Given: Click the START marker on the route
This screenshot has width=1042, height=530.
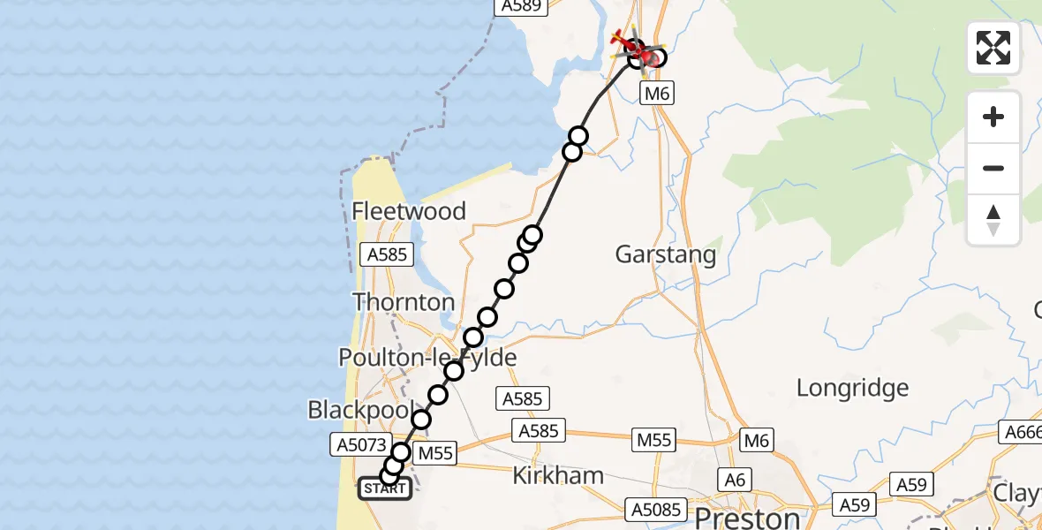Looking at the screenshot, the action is pos(385,488).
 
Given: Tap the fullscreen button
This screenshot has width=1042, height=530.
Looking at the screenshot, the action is pos(993,48).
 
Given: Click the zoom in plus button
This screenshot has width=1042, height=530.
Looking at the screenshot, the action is pos(993,117).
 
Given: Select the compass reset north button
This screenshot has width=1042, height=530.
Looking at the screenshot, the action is pos(993,219).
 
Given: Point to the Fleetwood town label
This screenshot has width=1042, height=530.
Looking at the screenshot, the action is pos(409,211).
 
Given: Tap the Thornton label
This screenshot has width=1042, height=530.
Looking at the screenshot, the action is pos(404,302).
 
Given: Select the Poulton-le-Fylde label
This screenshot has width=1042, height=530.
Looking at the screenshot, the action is pos(428,357).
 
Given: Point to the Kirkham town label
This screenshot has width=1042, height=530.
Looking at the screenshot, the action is pos(558,476).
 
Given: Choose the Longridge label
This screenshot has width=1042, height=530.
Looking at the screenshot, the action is pos(852,387).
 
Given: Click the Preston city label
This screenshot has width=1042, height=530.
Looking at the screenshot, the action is pos(749,516).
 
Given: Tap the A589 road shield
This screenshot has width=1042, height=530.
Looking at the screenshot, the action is pos(520,6).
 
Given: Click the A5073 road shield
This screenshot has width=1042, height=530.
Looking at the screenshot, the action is pos(359,444).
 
